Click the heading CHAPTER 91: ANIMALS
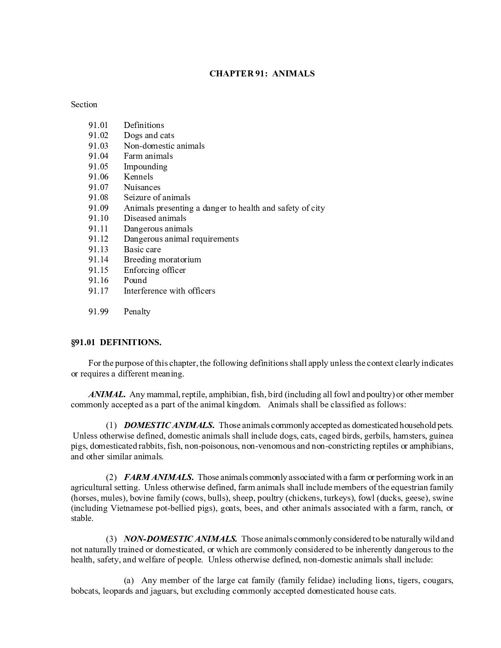click(x=262, y=74)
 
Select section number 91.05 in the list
click(x=98, y=167)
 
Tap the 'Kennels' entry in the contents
click(x=138, y=177)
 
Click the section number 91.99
click(x=98, y=312)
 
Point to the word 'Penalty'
click(x=137, y=312)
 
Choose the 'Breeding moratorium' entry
click(x=162, y=260)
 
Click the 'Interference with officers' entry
click(x=169, y=291)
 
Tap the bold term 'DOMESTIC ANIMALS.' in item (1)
click(x=169, y=425)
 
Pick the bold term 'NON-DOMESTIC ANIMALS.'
click(x=181, y=539)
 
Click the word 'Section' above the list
click(x=84, y=104)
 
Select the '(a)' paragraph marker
click(x=129, y=580)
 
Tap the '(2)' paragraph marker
click(x=111, y=477)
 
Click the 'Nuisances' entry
click(x=142, y=187)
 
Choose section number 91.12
click(x=98, y=239)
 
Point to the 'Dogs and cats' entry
click(x=149, y=135)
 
